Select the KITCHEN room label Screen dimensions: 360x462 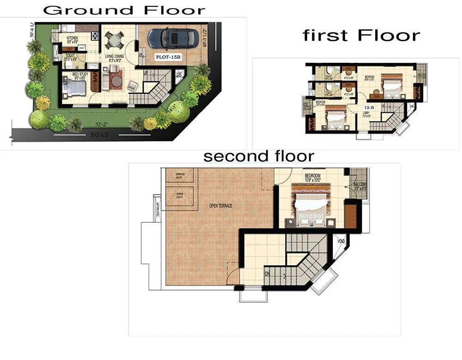click(72, 38)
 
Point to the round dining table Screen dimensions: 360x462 click(114, 41)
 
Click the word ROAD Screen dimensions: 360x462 click(99, 135)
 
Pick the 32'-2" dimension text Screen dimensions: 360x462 click(102, 125)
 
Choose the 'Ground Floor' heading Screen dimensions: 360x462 click(124, 10)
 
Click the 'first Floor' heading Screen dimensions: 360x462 click(361, 36)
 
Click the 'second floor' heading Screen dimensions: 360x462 click(259, 156)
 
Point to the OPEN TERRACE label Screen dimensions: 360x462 click(220, 206)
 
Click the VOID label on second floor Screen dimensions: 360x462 click(342, 241)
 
